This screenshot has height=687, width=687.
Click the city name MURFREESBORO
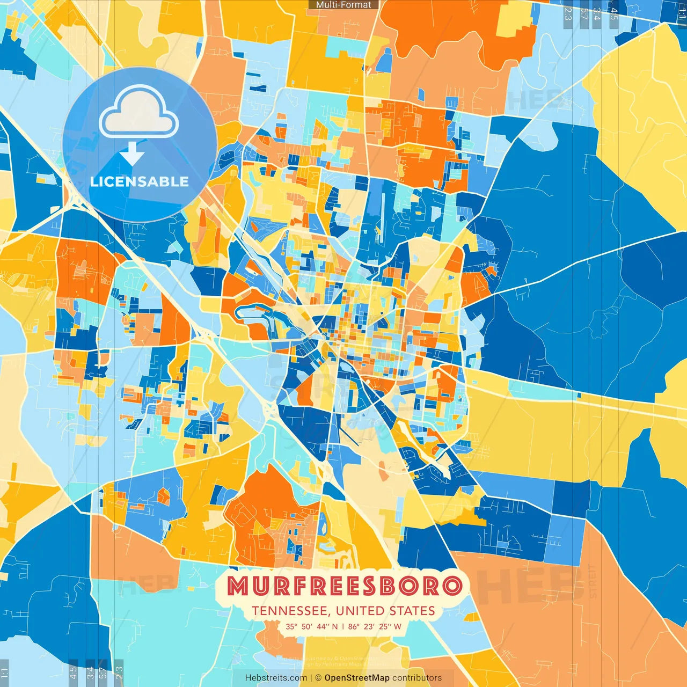(344, 586)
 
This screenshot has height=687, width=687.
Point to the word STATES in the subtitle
(414, 611)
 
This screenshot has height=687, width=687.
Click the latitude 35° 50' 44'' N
(312, 626)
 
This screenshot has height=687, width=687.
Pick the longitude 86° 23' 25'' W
(375, 626)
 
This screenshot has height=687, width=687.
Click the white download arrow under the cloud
(132, 154)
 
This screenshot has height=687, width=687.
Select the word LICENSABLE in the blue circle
(140, 181)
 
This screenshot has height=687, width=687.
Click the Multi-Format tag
(343, 5)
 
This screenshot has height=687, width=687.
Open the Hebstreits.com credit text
(276, 678)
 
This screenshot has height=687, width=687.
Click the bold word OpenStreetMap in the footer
(357, 678)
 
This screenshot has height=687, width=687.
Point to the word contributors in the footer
(417, 678)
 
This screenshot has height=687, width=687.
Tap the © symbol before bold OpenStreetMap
(318, 678)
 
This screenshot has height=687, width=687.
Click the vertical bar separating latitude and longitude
(343, 626)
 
